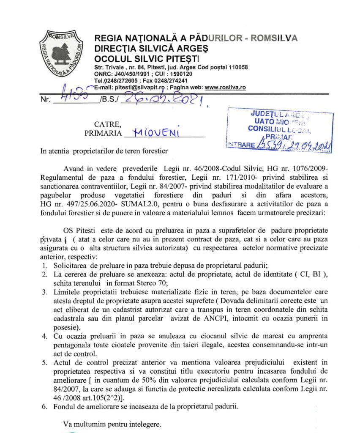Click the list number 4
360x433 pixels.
tap(44, 336)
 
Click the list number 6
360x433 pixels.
tap(44, 407)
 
